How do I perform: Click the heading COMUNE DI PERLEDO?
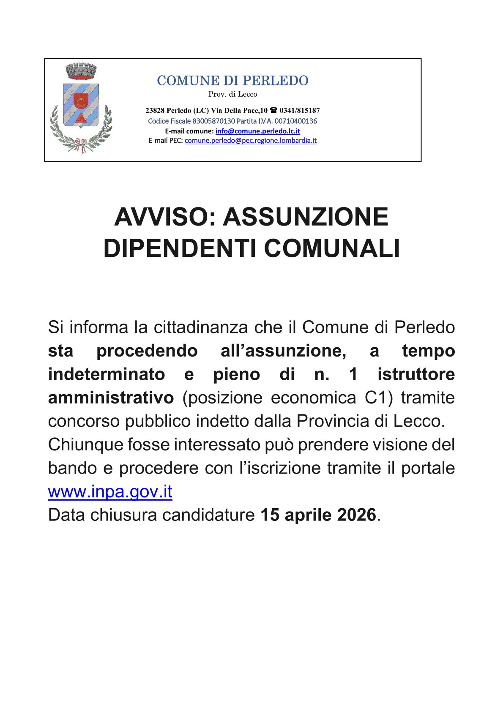tap(232, 81)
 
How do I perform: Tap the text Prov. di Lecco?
tap(232, 94)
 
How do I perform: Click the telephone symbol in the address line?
tap(273, 111)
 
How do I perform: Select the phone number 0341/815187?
tap(300, 111)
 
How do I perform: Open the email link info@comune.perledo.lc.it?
tap(257, 131)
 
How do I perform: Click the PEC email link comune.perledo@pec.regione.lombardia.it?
tap(250, 141)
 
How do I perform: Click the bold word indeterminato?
tap(107, 374)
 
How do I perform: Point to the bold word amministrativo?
tap(111, 398)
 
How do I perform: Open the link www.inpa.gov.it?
tap(110, 492)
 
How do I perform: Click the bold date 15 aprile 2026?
tap(318, 515)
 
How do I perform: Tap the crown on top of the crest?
tap(82, 71)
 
